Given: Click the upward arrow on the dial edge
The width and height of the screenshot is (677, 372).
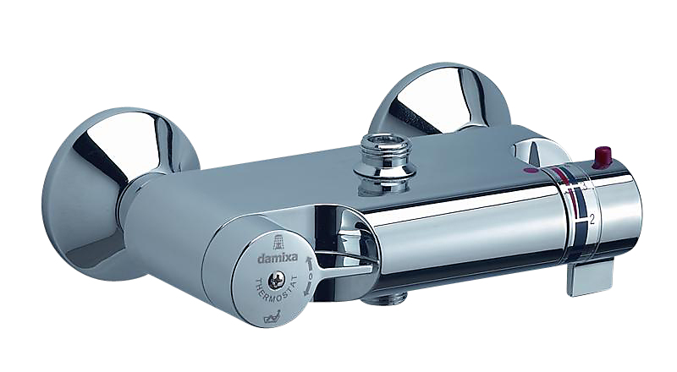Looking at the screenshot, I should pyautogui.click(x=310, y=265).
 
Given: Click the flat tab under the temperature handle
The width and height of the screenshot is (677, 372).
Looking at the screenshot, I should pyautogui.click(x=587, y=276).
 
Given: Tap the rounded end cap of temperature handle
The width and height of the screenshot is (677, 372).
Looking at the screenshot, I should pyautogui.click(x=630, y=211).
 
